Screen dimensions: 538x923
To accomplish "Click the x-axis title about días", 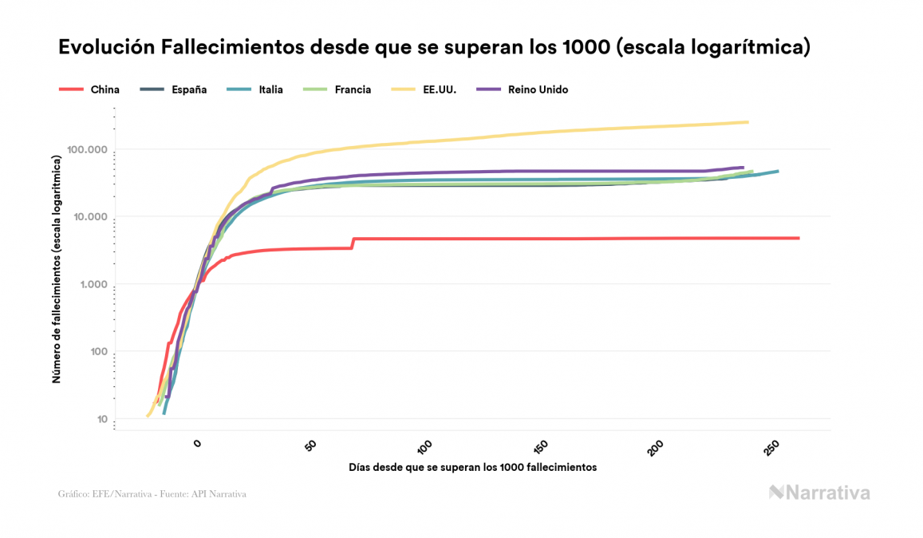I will tap(472, 467).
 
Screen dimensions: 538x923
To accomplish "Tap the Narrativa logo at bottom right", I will tap(819, 493).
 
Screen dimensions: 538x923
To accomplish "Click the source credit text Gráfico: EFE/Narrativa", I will tap(152, 494).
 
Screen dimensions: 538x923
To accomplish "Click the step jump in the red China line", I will tap(353, 243).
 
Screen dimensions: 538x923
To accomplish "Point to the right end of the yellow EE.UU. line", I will tap(747, 122).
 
